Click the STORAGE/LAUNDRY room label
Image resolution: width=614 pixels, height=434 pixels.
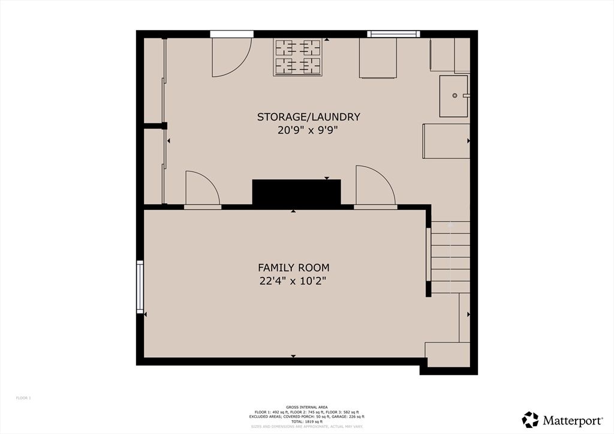pos(308,117)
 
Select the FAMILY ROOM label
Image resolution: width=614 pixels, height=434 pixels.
pos(293,267)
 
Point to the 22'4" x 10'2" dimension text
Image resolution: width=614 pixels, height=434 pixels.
pos(293,281)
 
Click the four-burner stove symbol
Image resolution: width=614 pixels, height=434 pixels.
pos(297,57)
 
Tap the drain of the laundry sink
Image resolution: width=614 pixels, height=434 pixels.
pos(455,95)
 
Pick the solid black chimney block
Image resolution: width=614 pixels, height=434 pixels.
pos(296,193)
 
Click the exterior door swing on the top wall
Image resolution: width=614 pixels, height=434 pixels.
pos(231,57)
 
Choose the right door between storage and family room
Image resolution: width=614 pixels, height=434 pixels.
pos(375,188)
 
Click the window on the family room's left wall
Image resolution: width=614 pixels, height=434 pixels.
pos(140,287)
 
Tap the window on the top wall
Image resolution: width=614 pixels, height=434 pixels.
pos(393,34)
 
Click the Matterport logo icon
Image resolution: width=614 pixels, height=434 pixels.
pos(530,419)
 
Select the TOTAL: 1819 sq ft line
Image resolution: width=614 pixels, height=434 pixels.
pos(306,421)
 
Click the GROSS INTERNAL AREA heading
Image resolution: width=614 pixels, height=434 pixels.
pos(306,407)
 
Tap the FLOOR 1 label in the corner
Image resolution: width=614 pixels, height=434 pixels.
pos(23,398)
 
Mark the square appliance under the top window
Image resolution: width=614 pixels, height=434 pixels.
pos(378,58)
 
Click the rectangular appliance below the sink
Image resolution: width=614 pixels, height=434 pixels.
pos(446,141)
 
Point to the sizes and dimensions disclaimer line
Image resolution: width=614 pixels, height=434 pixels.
pos(306,426)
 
